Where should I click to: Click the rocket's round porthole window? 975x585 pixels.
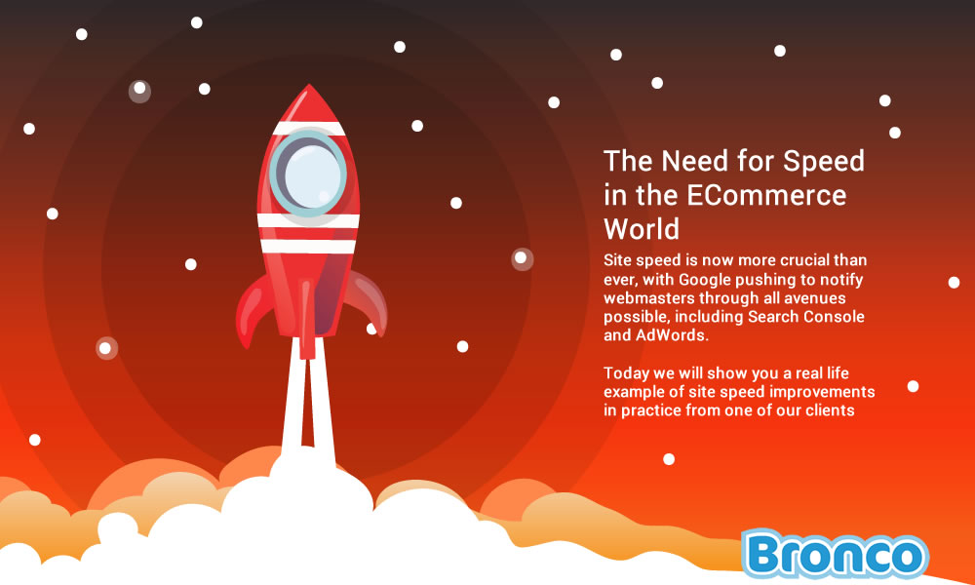click(308, 174)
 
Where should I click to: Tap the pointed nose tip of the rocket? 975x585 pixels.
click(309, 85)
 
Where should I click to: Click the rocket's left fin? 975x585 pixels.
click(253, 309)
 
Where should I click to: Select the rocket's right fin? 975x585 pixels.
click(367, 300)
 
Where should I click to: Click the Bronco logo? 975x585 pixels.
click(835, 553)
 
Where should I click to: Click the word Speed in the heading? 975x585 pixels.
click(823, 161)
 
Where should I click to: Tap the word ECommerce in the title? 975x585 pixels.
click(766, 195)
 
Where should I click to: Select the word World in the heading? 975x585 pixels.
click(642, 229)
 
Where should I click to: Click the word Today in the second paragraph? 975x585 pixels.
click(626, 373)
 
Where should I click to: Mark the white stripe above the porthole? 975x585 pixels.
click(308, 128)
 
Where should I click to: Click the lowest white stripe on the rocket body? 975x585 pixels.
click(308, 247)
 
